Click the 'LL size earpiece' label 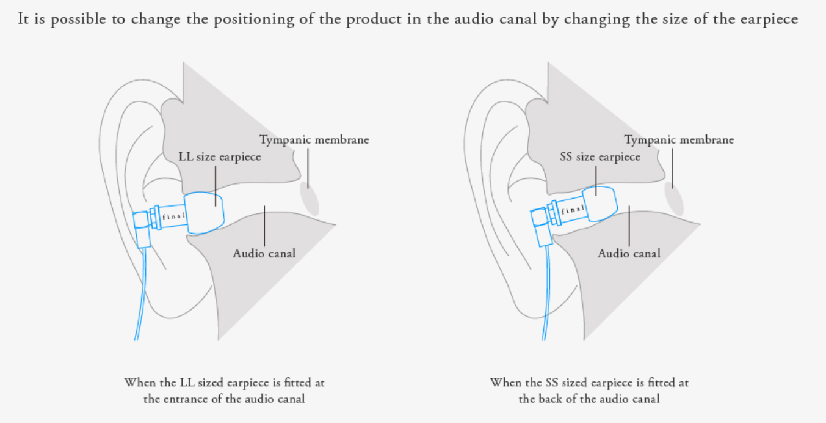coord(220,157)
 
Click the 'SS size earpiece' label coord(600,157)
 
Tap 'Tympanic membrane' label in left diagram coord(314,140)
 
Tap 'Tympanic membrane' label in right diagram coord(679,140)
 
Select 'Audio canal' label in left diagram coord(264,253)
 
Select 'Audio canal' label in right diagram coord(629,253)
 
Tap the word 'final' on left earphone coord(173,216)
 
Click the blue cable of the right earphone coord(546,293)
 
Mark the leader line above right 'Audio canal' coord(629,226)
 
